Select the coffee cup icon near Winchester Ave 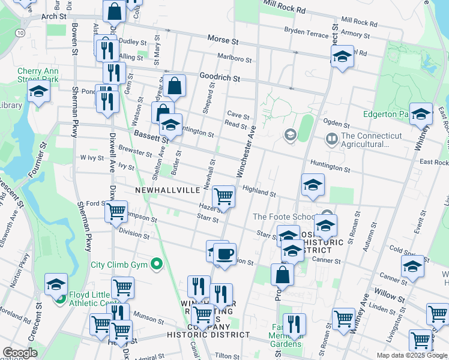[224, 254]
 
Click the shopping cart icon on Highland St [223, 196]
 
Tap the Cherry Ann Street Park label [38, 75]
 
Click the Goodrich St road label [220, 79]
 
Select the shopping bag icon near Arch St [114, 11]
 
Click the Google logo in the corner [20, 353]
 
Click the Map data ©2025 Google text [412, 355]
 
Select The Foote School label [283, 217]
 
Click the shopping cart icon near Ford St [116, 211]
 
